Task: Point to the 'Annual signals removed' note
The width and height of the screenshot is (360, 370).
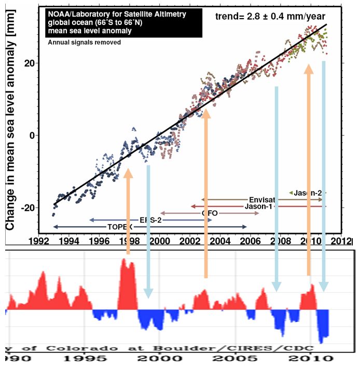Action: (x=84, y=42)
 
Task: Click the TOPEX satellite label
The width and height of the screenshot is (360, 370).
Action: (x=120, y=227)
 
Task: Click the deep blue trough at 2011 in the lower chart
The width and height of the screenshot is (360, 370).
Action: (x=323, y=335)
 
